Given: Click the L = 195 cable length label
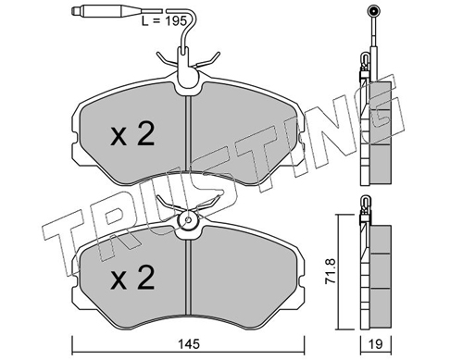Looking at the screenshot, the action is (164, 21).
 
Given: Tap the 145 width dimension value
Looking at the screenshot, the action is (189, 344).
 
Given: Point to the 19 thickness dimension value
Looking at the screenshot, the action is (376, 344).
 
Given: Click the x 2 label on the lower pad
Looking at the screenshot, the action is (132, 278).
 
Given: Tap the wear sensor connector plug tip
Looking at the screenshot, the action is (74, 11).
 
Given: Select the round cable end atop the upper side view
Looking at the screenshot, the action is (373, 12).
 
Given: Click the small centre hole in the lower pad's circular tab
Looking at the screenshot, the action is (188, 220).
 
